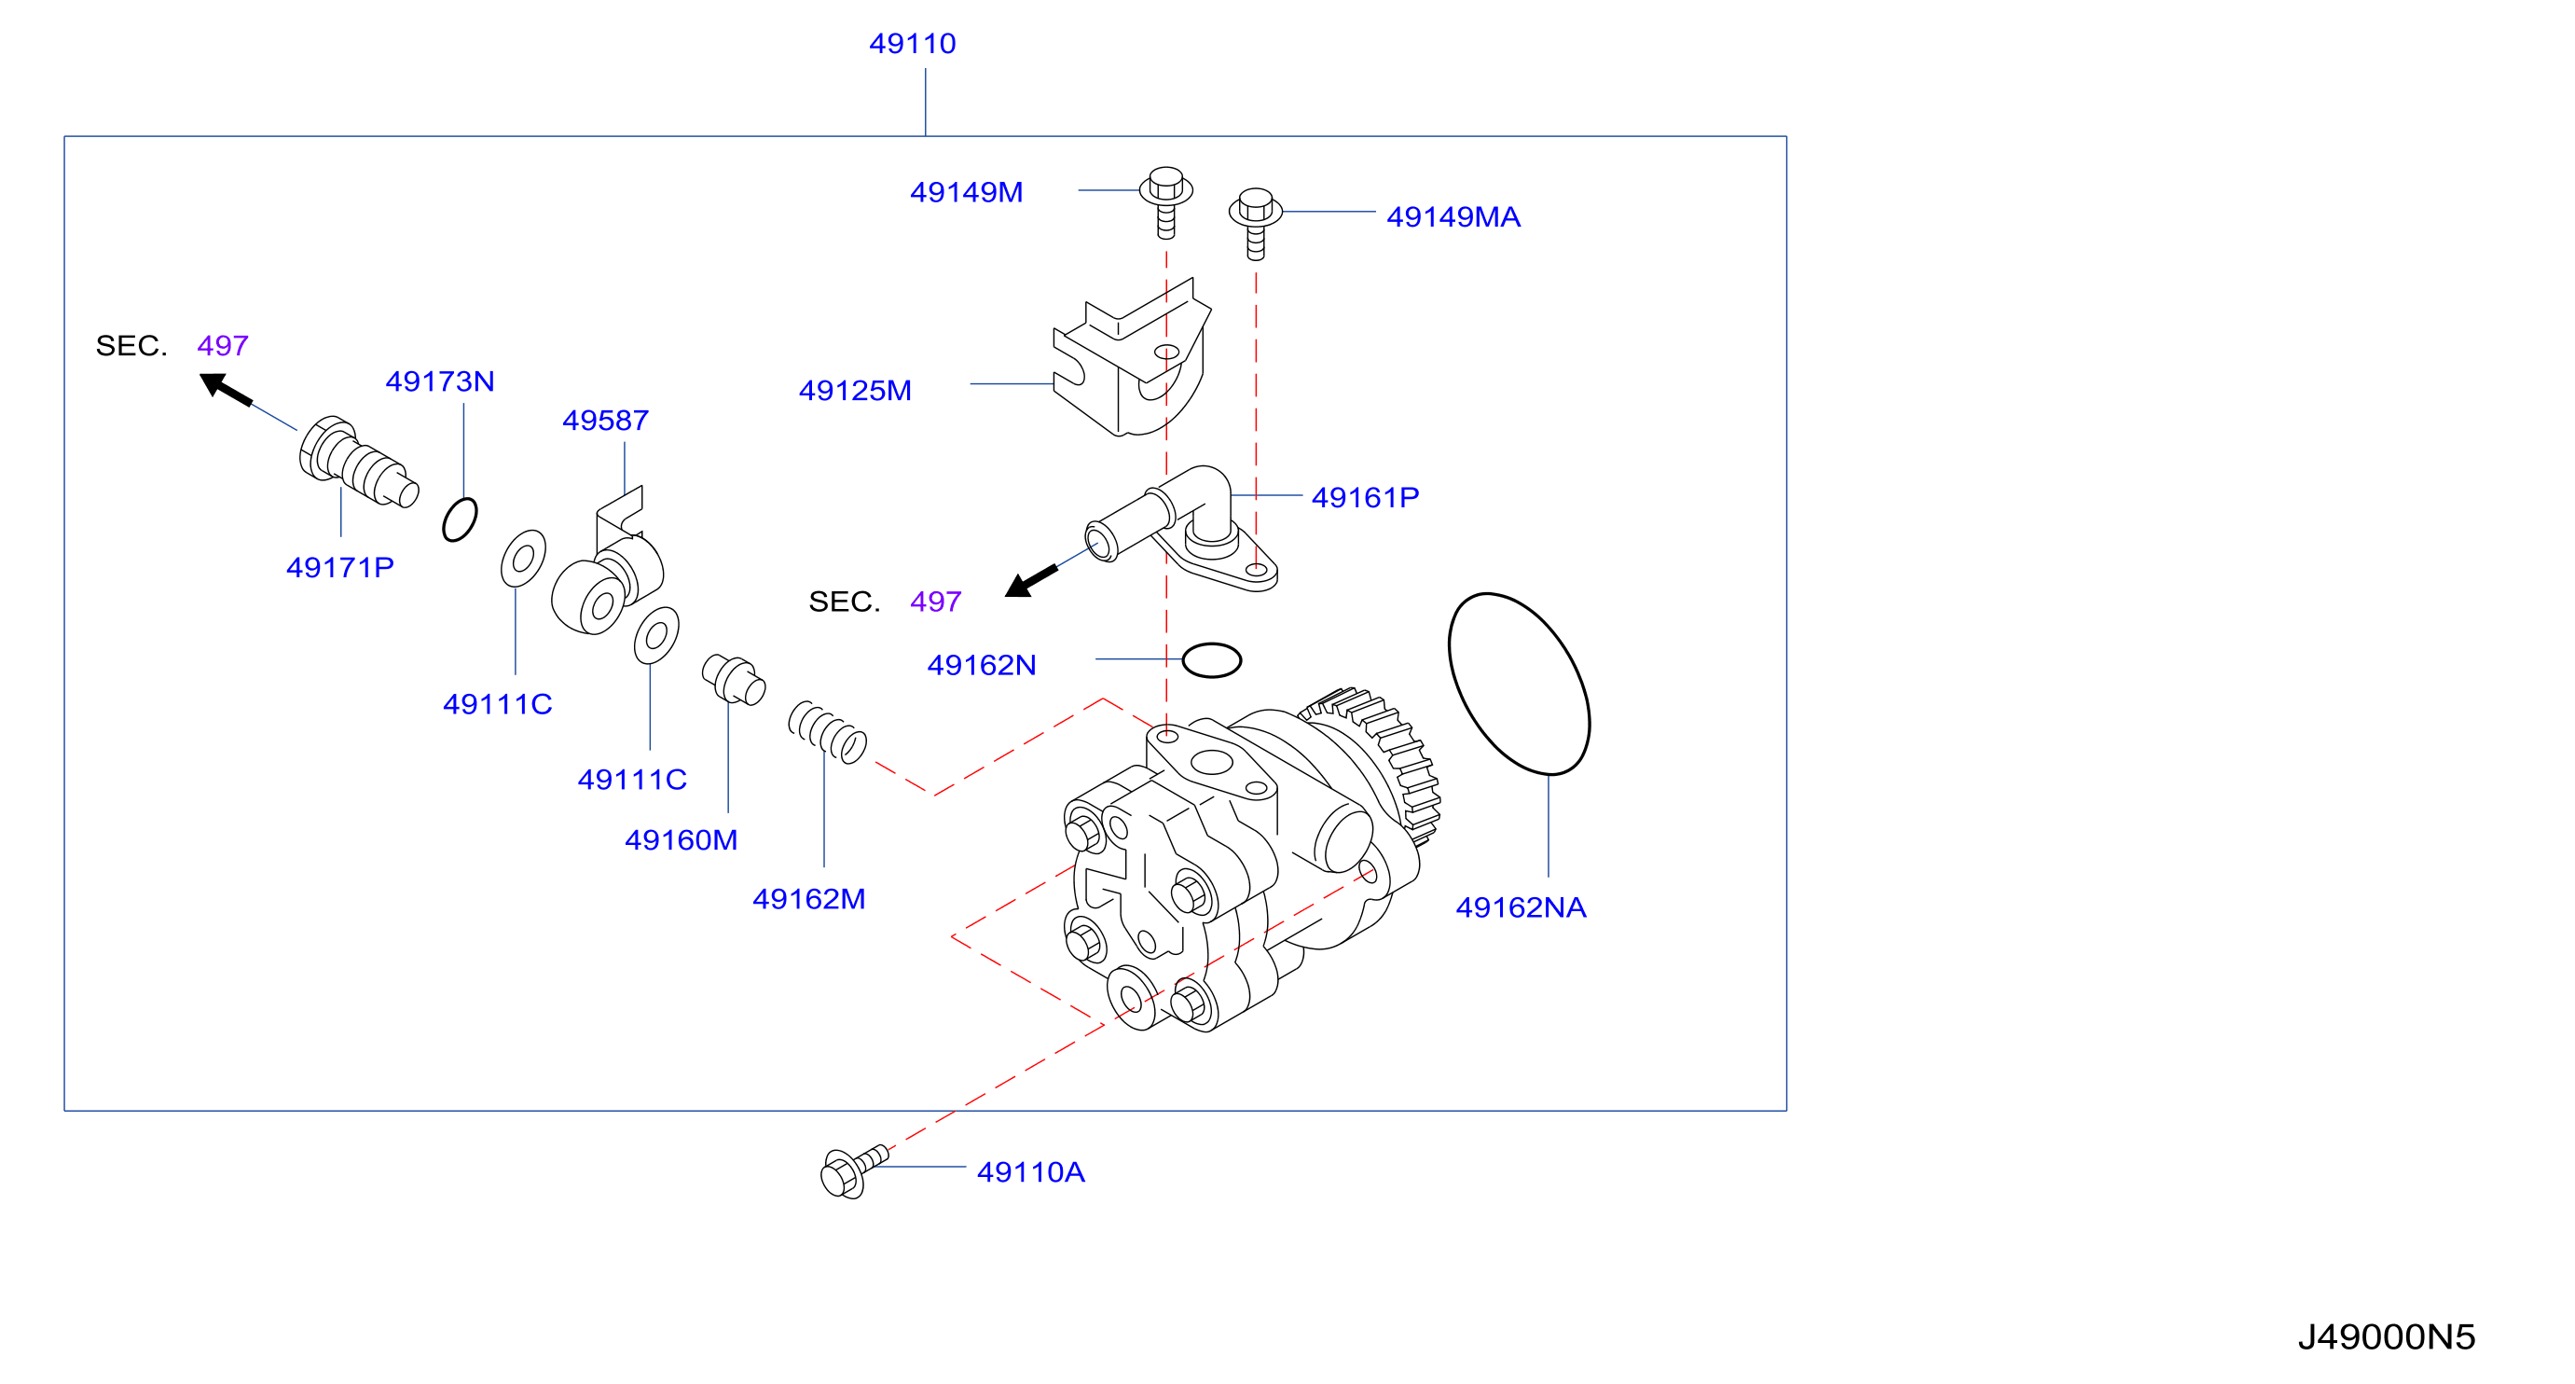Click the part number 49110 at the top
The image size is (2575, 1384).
912,44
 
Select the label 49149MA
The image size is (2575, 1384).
1453,217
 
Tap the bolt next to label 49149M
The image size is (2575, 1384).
1165,202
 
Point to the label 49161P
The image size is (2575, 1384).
1365,497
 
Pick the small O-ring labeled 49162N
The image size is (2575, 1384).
1212,660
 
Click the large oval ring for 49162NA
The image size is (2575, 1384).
1519,683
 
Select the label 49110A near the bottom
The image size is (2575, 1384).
1030,1172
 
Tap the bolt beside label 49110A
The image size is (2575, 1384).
853,1171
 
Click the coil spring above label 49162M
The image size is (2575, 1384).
827,732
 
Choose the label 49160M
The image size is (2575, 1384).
681,840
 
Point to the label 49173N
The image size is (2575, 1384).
440,381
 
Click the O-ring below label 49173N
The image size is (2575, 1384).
460,519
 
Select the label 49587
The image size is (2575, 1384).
605,420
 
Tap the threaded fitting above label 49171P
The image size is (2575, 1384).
358,463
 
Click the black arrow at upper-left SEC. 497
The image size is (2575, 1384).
225,388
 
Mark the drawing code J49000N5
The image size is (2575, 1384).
2386,1337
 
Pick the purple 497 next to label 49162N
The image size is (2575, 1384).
936,601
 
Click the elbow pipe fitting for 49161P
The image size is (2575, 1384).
1181,528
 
